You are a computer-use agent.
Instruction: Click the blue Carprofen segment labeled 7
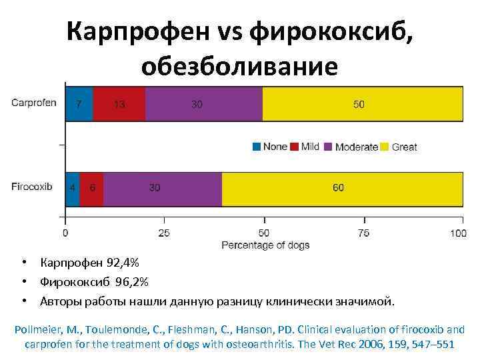pyautogui.click(x=79, y=103)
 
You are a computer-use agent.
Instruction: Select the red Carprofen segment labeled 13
pyautogui.click(x=119, y=103)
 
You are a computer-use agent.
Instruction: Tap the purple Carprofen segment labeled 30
pyautogui.click(x=204, y=103)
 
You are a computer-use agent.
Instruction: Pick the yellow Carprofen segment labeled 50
pyautogui.click(x=362, y=103)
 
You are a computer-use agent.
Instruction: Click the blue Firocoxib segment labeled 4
pyautogui.click(x=73, y=189)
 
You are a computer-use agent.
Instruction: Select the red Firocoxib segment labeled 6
pyautogui.click(x=92, y=189)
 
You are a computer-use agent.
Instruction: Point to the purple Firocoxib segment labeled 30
pyautogui.click(x=163, y=189)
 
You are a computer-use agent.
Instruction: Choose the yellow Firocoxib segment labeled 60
pyautogui.click(x=342, y=189)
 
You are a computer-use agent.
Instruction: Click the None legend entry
pyautogui.click(x=270, y=147)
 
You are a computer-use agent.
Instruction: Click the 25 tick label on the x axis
pyautogui.click(x=164, y=233)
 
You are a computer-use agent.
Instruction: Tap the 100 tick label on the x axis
pyautogui.click(x=458, y=233)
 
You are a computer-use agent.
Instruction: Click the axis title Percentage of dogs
pyautogui.click(x=265, y=245)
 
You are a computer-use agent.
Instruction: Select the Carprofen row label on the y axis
pyautogui.click(x=33, y=103)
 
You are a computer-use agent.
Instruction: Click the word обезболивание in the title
pyautogui.click(x=239, y=66)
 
